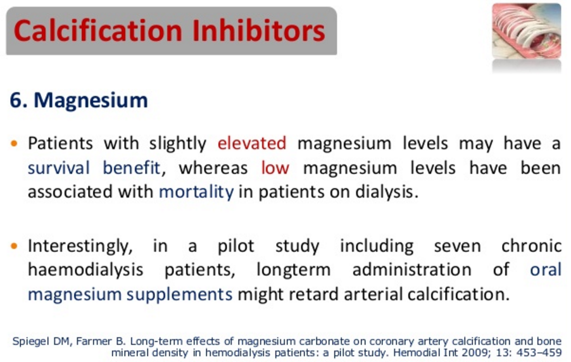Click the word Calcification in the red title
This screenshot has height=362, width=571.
[98, 30]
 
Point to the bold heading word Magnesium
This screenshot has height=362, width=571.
[91, 100]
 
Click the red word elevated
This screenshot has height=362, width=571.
[252, 143]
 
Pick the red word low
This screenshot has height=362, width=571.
[275, 168]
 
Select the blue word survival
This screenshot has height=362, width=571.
[59, 168]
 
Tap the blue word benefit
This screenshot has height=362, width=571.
[132, 168]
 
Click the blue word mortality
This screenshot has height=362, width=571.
[196, 192]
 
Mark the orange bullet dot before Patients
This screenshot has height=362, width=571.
[14, 144]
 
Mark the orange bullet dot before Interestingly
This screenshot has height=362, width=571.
[14, 247]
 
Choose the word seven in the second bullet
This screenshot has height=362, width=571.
[458, 246]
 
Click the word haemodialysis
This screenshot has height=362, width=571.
[85, 270]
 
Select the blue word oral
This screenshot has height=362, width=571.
[546, 270]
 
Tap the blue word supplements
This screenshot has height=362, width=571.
[180, 295]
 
